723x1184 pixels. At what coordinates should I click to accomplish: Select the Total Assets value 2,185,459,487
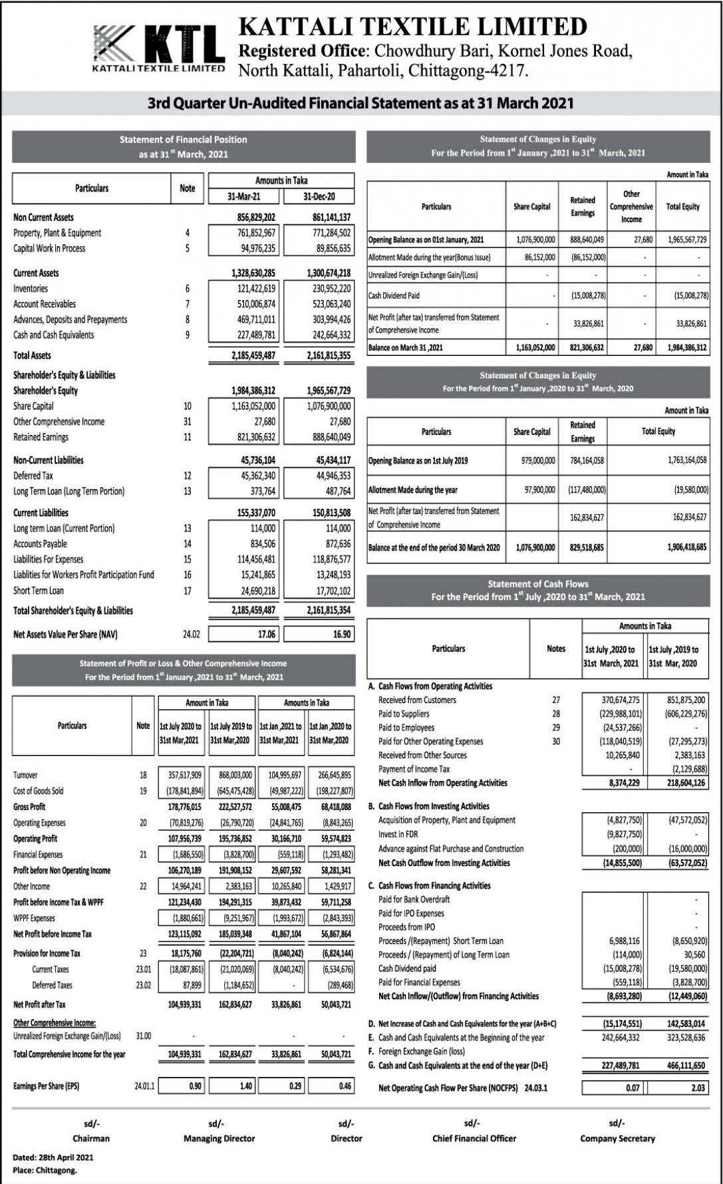pyautogui.click(x=253, y=356)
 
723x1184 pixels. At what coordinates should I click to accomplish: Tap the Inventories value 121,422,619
pyautogui.click(x=253, y=289)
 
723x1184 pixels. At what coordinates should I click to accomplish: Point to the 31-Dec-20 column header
pyautogui.click(x=319, y=197)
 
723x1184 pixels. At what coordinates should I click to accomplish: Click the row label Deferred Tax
pyautogui.click(x=33, y=476)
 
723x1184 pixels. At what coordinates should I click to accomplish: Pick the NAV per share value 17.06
pyautogui.click(x=266, y=635)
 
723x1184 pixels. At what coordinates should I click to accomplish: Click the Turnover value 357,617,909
pyautogui.click(x=182, y=775)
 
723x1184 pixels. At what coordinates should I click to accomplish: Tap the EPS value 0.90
pyautogui.click(x=195, y=1086)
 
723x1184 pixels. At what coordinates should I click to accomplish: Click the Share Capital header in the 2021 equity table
pyautogui.click(x=531, y=207)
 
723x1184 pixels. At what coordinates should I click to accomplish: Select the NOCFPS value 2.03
pyautogui.click(x=697, y=1088)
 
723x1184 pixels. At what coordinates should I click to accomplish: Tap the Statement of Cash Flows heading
pyautogui.click(x=537, y=584)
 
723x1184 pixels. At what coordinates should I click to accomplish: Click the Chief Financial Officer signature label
pyautogui.click(x=474, y=1138)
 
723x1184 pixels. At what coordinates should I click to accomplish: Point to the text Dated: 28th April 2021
pyautogui.click(x=53, y=1157)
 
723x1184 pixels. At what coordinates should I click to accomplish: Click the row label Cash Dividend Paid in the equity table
pyautogui.click(x=394, y=295)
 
